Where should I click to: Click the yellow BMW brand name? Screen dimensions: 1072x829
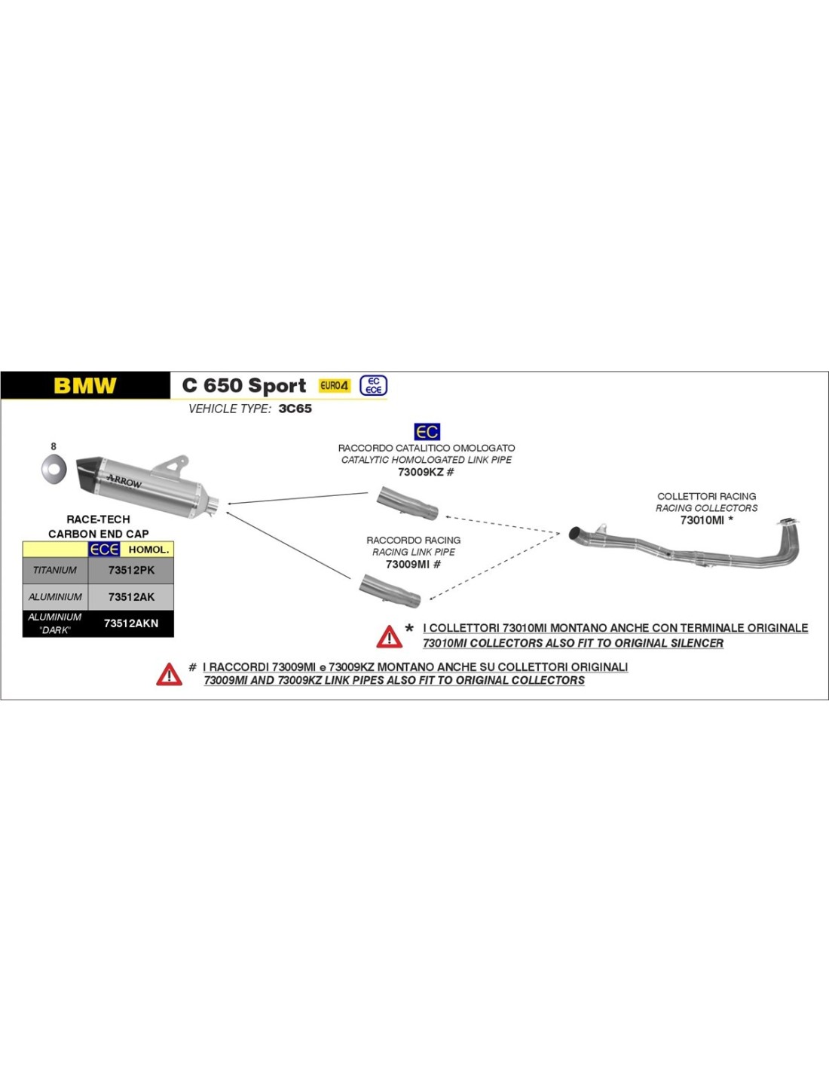pyautogui.click(x=85, y=386)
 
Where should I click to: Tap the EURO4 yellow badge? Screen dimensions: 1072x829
pyautogui.click(x=335, y=385)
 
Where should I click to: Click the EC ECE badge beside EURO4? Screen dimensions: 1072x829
pyautogui.click(x=374, y=385)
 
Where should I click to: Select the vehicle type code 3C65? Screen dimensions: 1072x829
pyautogui.click(x=295, y=409)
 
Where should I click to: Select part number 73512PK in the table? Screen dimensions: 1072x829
pyautogui.click(x=131, y=571)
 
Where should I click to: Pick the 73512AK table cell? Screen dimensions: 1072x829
pyautogui.click(x=131, y=597)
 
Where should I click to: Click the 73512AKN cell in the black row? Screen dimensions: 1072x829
pyautogui.click(x=131, y=623)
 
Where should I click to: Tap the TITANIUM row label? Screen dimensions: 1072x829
pyautogui.click(x=55, y=571)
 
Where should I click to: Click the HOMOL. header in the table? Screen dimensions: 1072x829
pyautogui.click(x=148, y=550)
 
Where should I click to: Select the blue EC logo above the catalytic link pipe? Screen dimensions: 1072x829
pyautogui.click(x=427, y=432)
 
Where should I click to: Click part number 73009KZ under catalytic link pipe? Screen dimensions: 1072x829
pyautogui.click(x=421, y=473)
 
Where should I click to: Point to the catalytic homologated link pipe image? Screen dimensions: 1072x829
pyautogui.click(x=407, y=503)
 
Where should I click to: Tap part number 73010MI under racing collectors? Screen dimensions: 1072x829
pyautogui.click(x=702, y=520)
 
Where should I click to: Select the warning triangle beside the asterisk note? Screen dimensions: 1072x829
pyautogui.click(x=389, y=637)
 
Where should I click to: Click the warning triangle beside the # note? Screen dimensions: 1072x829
pyautogui.click(x=169, y=674)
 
